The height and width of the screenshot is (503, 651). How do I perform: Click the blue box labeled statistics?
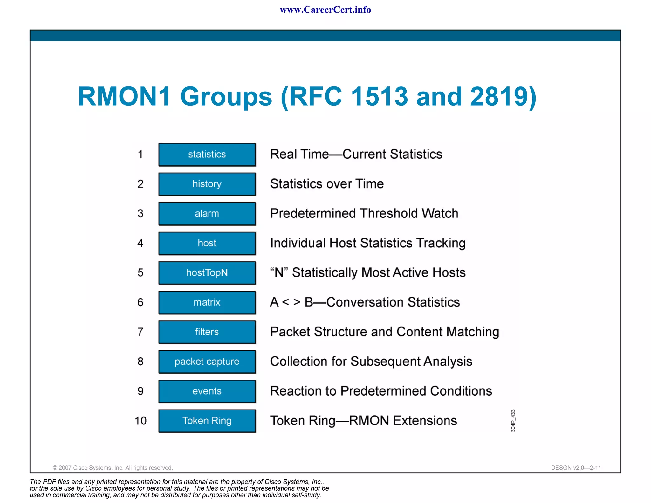pos(207,155)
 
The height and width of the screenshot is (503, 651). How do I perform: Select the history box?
pos(207,184)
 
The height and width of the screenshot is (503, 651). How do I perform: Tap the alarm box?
pos(207,214)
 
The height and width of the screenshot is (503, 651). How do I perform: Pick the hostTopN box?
pos(207,273)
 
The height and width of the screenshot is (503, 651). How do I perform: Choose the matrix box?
pos(207,302)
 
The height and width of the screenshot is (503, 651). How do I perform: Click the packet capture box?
pos(207,362)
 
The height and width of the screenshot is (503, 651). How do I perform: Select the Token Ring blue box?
pos(207,421)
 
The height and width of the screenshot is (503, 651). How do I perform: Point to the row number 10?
pos(140,421)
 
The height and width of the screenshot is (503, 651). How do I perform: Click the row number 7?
pos(140,332)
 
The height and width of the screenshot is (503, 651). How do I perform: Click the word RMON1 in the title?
pos(124,96)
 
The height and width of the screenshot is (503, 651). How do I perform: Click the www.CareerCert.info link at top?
pos(325,10)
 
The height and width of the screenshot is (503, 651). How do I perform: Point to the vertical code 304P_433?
pos(513,421)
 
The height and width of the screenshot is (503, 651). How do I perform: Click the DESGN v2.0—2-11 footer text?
pos(576,468)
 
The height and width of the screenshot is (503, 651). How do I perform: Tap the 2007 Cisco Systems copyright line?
pos(113,468)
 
